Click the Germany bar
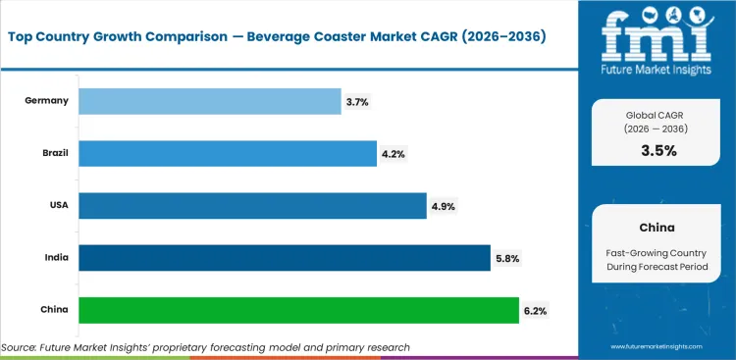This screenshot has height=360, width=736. [209, 100]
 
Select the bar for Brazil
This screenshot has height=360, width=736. [227, 153]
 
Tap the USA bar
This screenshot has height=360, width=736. [252, 205]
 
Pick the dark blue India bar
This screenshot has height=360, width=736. [284, 258]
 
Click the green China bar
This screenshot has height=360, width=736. [298, 310]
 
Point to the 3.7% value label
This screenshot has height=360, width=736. [356, 101]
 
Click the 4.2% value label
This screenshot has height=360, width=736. [393, 153]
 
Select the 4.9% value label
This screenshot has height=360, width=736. [443, 206]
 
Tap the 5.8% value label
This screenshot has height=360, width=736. [506, 259]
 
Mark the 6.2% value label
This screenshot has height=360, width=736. [535, 311]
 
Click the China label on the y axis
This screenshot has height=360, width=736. [53, 310]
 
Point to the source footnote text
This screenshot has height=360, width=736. [205, 347]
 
